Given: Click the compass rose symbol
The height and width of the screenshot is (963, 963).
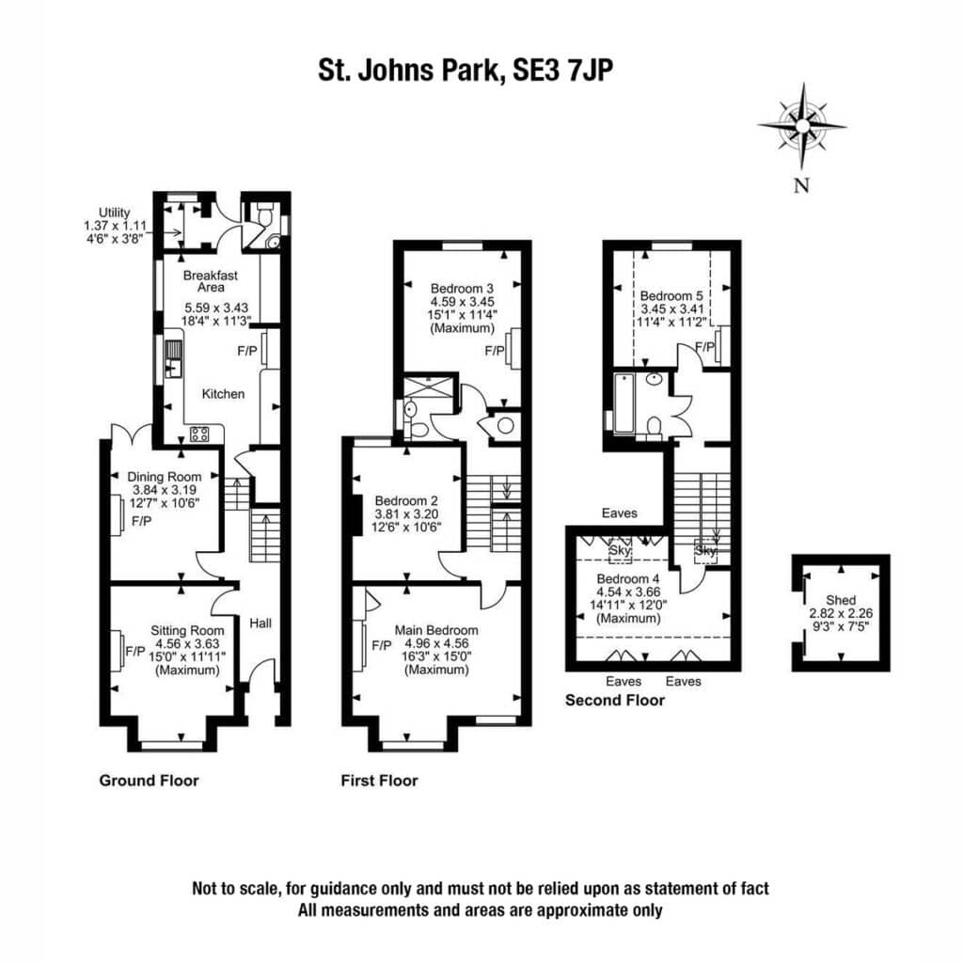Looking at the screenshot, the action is tap(802, 126).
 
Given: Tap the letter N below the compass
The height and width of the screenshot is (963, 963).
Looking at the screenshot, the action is tap(801, 185).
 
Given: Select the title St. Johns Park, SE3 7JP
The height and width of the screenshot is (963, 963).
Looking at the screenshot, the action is tap(466, 70).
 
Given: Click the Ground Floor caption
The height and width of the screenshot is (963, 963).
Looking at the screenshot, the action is tap(150, 781).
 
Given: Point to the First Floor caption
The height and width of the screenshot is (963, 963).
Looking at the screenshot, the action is tap(380, 781).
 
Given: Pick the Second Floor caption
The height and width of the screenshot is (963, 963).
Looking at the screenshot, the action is tap(615, 700).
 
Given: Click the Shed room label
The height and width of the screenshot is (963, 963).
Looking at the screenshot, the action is tap(841, 600).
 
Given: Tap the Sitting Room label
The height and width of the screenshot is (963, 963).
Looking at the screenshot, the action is tap(187, 631).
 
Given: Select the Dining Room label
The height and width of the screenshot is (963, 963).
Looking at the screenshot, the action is tap(164, 477).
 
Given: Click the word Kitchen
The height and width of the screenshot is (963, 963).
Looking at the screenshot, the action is tap(224, 394).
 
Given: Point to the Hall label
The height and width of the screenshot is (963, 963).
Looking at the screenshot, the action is tap(260, 624).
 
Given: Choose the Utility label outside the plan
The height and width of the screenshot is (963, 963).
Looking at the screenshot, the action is tap(115, 213).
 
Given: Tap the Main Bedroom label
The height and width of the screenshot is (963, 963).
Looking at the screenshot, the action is tap(436, 631).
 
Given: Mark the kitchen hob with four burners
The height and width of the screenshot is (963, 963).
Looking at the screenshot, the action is tap(199, 434).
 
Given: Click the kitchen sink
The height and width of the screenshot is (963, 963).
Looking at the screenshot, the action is tap(174, 358).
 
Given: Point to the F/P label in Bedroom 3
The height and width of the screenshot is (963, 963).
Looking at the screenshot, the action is tap(495, 351).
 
